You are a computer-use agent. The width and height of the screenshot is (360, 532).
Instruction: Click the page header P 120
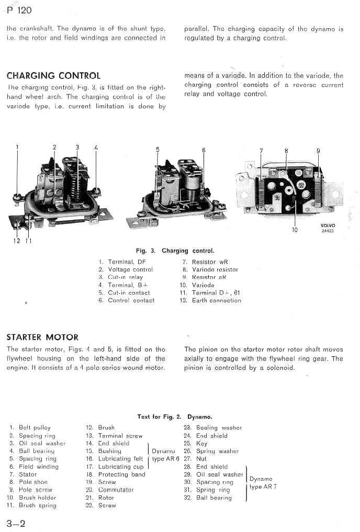click(19, 10)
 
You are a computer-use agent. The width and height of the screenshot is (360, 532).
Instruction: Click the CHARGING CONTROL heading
click(53, 76)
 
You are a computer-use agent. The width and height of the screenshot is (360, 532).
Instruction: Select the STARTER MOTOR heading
click(42, 337)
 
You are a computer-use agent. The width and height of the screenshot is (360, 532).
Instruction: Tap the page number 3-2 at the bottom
click(16, 523)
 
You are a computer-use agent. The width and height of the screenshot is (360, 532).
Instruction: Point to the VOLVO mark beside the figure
click(328, 226)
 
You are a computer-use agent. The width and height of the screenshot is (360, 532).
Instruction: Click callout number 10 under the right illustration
click(295, 229)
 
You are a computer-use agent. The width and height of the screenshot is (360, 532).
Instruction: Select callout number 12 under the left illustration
click(17, 241)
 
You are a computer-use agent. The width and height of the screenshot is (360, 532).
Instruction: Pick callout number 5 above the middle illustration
click(157, 150)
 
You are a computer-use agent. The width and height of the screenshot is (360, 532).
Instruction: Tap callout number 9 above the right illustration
click(318, 151)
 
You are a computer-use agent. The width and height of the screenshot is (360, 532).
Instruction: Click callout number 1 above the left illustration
click(17, 147)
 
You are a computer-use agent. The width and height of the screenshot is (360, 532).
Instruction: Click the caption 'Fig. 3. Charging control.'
click(175, 251)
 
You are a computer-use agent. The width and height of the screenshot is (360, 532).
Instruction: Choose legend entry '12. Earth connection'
click(210, 300)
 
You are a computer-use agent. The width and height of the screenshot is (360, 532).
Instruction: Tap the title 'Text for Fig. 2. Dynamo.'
click(174, 417)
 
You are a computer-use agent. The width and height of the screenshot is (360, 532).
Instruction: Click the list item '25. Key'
click(195, 443)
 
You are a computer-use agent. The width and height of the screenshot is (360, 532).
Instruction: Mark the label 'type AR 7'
click(263, 487)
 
